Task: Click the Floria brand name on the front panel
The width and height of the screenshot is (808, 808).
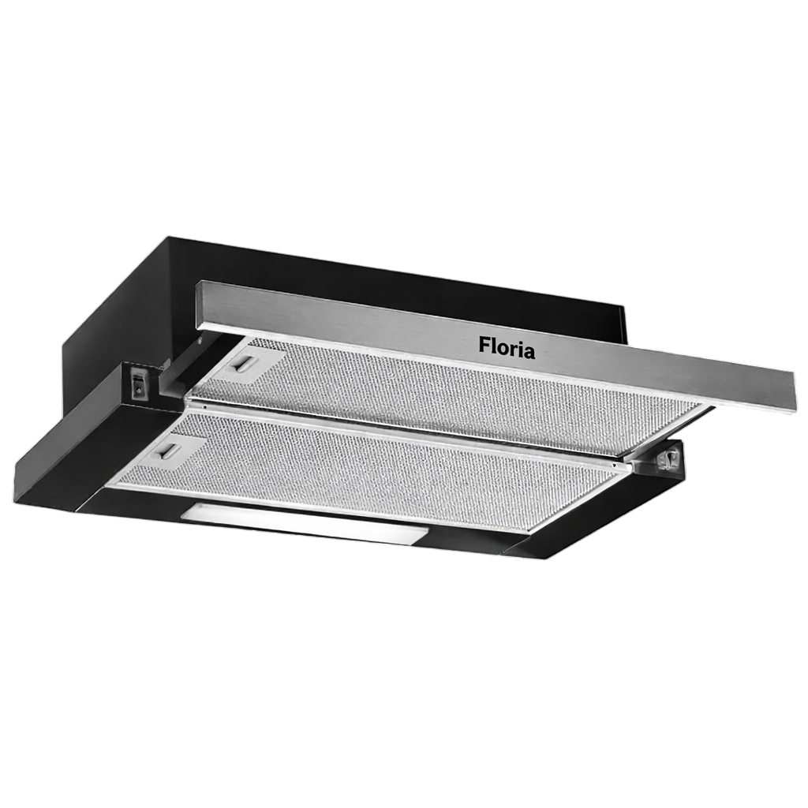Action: pyautogui.click(x=507, y=348)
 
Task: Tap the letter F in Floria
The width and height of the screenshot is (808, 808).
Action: pyautogui.click(x=484, y=345)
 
